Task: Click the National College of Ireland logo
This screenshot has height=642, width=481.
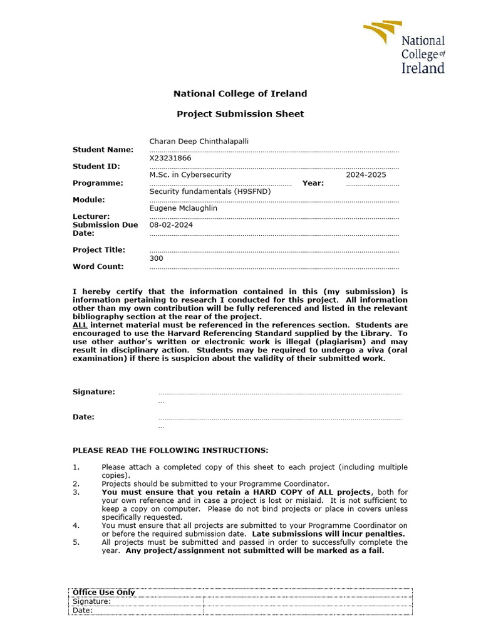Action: [x=405, y=48]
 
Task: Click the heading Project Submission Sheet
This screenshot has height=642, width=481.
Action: [x=240, y=114]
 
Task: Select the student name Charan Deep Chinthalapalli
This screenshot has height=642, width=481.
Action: [x=199, y=142]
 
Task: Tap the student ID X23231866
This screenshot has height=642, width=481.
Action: [x=170, y=159]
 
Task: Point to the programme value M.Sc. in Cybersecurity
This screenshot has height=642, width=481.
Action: [x=190, y=175]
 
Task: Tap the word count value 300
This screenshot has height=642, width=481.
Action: [x=156, y=258]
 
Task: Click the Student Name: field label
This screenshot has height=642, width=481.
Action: [x=103, y=150]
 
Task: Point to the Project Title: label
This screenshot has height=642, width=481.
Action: [x=99, y=250]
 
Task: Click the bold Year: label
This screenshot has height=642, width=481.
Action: [x=313, y=183]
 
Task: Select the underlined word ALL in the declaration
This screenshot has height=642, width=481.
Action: [x=80, y=325]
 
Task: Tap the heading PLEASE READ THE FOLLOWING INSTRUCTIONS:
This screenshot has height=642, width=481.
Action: [x=170, y=450]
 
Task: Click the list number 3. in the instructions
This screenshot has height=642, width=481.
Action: [x=76, y=492]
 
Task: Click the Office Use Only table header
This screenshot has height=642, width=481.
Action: [x=104, y=592]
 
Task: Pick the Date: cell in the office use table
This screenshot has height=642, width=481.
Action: [x=83, y=610]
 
